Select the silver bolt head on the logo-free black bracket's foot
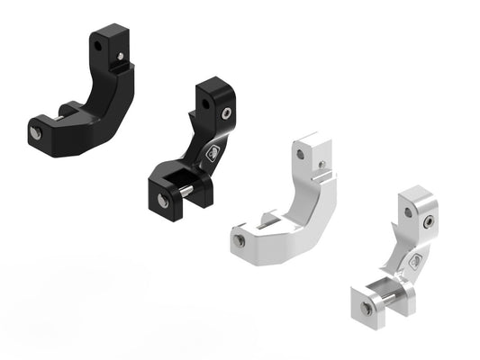tap(33, 132)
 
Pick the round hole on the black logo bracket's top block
tap(206, 103)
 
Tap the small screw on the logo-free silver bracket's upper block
tap(322, 164)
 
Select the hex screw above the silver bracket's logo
tap(430, 222)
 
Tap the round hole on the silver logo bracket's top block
tap(410, 212)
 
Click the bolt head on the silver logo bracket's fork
tap(367, 309)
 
